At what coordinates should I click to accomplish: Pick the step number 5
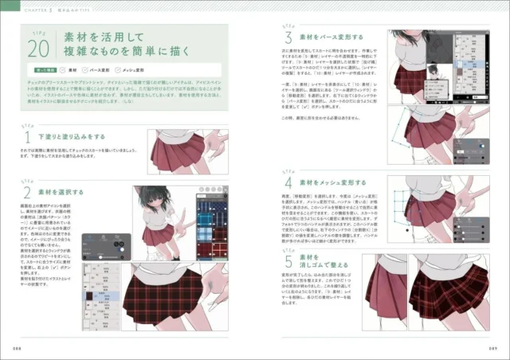tap(288, 263)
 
